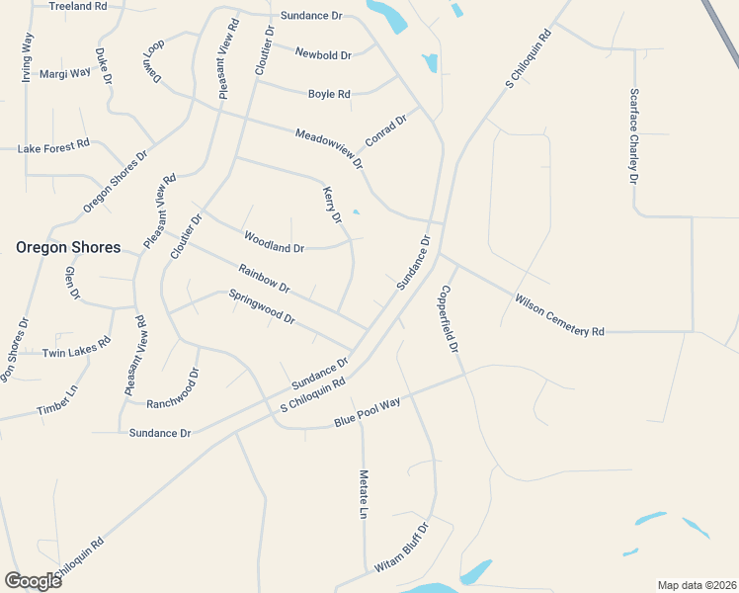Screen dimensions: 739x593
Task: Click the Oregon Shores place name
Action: tap(68, 247)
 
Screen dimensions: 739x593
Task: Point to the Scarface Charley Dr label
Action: tap(633, 136)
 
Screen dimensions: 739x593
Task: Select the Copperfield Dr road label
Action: tap(450, 320)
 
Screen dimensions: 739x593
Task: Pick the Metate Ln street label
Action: tap(364, 494)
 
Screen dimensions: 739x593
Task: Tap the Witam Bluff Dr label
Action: tap(400, 549)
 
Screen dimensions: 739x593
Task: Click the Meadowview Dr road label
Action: tap(329, 148)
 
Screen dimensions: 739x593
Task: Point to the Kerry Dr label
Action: tap(332, 204)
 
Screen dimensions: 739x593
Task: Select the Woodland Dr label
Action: tap(274, 241)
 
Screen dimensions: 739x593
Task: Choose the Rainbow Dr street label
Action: tap(264, 278)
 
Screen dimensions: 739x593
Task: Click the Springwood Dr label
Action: tap(262, 306)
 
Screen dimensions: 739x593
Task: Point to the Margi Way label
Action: tap(65, 73)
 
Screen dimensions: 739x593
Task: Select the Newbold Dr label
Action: tap(323, 55)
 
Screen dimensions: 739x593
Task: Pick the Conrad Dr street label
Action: tap(386, 130)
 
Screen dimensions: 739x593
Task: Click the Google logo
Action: tap(33, 580)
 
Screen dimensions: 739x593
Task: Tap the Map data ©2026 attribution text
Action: tap(697, 585)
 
